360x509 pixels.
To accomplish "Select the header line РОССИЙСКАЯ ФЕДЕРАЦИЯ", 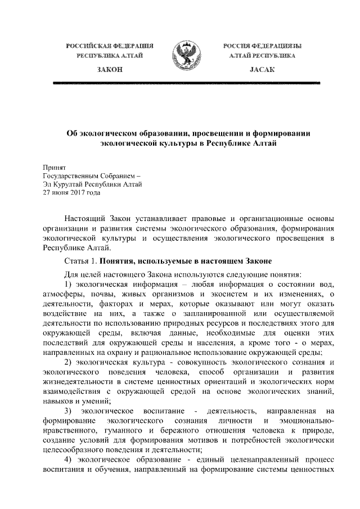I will point(109,44).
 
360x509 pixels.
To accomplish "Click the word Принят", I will point(55,167).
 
